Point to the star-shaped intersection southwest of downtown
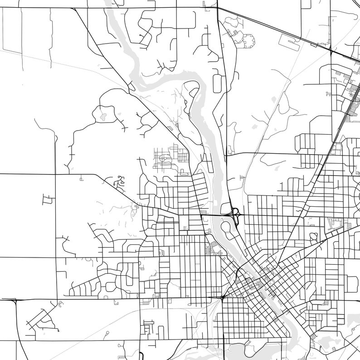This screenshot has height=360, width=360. coord(223,298)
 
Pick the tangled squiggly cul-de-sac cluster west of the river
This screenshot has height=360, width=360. coord(117,182)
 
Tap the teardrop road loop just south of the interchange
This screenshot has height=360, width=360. coord(225,227)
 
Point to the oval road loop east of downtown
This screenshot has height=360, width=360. coord(313,237)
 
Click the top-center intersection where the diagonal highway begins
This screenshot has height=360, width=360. coord(217,8)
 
